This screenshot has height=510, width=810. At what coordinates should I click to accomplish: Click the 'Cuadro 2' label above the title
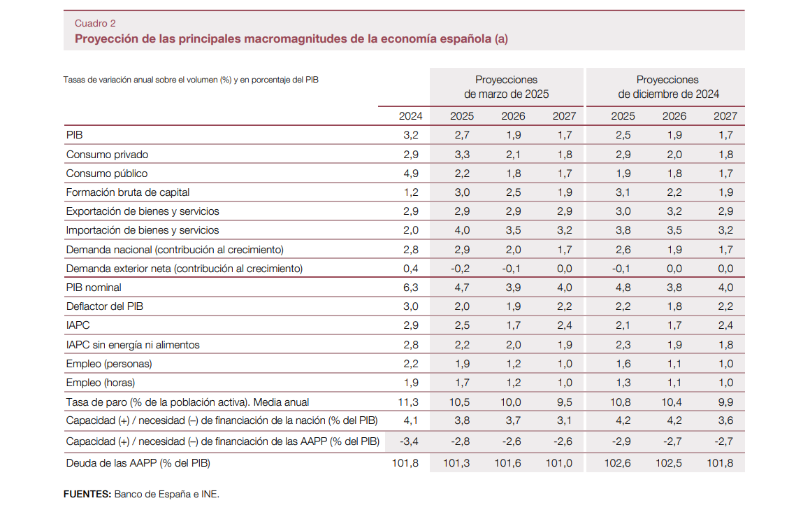(95, 23)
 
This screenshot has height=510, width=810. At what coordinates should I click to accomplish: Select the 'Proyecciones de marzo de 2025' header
(506, 87)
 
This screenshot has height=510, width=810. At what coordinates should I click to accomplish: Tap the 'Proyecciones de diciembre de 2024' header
(667, 87)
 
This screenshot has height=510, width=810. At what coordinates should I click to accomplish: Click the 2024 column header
(410, 116)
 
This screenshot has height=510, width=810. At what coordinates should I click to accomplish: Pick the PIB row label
(74, 135)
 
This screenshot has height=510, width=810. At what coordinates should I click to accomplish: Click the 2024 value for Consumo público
(411, 173)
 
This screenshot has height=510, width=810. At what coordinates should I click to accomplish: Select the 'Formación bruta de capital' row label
(127, 192)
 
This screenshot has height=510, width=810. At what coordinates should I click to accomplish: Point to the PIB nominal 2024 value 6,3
(411, 288)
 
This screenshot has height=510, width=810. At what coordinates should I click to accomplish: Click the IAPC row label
(78, 325)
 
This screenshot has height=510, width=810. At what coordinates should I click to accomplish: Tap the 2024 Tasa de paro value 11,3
(409, 402)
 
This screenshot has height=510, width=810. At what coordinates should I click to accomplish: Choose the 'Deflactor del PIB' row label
(105, 306)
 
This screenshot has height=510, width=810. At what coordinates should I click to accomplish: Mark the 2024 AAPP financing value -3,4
(409, 442)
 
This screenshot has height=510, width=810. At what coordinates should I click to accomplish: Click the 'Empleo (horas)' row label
(100, 383)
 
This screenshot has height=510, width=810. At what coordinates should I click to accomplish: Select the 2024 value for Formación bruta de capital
(411, 192)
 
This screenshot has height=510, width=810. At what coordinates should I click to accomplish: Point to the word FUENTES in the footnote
(87, 494)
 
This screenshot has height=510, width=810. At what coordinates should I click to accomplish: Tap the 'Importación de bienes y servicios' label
(142, 230)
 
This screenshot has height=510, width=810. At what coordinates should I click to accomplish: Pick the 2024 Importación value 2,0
(411, 230)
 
